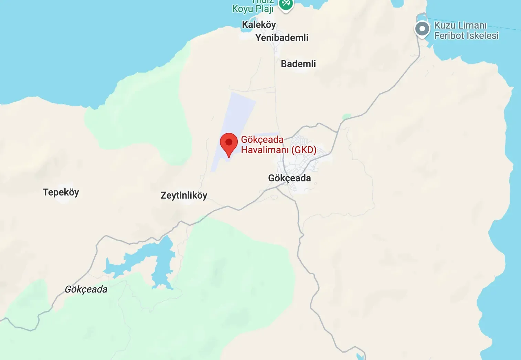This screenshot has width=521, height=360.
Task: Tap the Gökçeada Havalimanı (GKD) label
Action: point(278,145)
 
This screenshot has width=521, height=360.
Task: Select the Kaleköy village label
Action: point(259,25)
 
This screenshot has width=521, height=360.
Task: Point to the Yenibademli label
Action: point(281,38)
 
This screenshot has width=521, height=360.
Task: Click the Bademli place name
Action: point(298,64)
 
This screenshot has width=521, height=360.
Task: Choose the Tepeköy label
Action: point(61,192)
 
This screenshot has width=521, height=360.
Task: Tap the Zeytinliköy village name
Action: point(184,195)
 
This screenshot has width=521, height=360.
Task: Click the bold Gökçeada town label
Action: point(289,178)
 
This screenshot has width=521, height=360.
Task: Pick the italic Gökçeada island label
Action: point(86,289)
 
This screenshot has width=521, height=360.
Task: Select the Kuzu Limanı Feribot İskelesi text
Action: point(466,30)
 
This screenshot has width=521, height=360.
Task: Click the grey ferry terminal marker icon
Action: point(422,29)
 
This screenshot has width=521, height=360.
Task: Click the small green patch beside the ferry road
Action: point(347,116)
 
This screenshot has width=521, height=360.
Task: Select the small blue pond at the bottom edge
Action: point(360,357)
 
